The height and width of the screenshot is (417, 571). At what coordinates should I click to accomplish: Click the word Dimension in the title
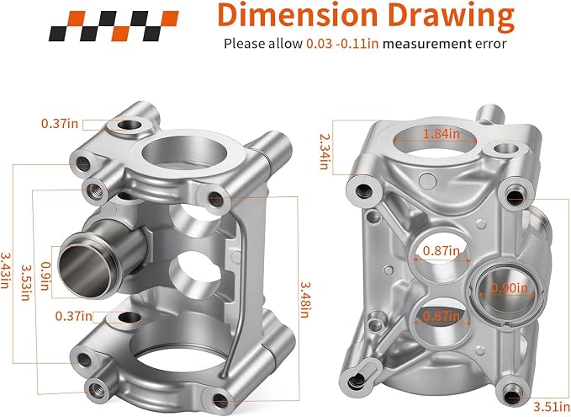[x=297, y=14]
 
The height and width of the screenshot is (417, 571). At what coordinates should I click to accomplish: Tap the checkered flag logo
[x=114, y=25]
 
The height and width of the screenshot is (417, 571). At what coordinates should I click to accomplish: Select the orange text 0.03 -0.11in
[x=342, y=44]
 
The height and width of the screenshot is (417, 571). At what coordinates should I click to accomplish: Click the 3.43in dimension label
[x=5, y=270]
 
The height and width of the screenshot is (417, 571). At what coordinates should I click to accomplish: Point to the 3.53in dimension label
[x=25, y=282]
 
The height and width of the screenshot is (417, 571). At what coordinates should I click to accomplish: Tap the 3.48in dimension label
[x=304, y=300]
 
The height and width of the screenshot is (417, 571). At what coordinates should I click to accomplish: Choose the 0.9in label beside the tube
[x=45, y=275]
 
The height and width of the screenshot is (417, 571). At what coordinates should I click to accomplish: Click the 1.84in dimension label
[x=441, y=134]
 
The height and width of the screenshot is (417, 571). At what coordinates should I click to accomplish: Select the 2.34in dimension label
[x=324, y=152]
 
